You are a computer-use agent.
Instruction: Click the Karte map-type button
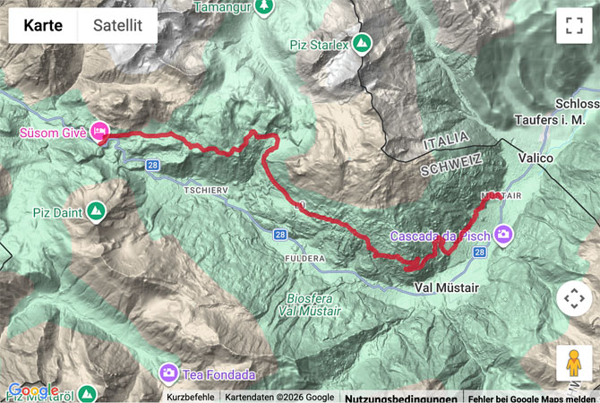pos(43,26)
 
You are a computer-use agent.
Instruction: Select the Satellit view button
pos(117,26)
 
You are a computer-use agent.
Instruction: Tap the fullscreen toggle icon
pos(574,26)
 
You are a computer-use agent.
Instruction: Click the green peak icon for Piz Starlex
pos(362,44)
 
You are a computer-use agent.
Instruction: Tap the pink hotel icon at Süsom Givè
pos(99,133)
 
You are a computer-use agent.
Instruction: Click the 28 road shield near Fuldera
pos(280,235)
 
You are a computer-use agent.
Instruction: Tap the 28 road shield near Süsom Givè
pos(153,165)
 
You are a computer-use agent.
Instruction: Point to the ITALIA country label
pos(443,138)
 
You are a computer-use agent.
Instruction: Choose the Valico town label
pos(536,158)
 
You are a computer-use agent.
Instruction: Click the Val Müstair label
pos(447,287)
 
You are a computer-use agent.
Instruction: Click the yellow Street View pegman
pos(574,363)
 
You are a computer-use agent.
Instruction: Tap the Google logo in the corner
pos(33,390)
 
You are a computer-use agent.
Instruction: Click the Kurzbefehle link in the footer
pos(191,397)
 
